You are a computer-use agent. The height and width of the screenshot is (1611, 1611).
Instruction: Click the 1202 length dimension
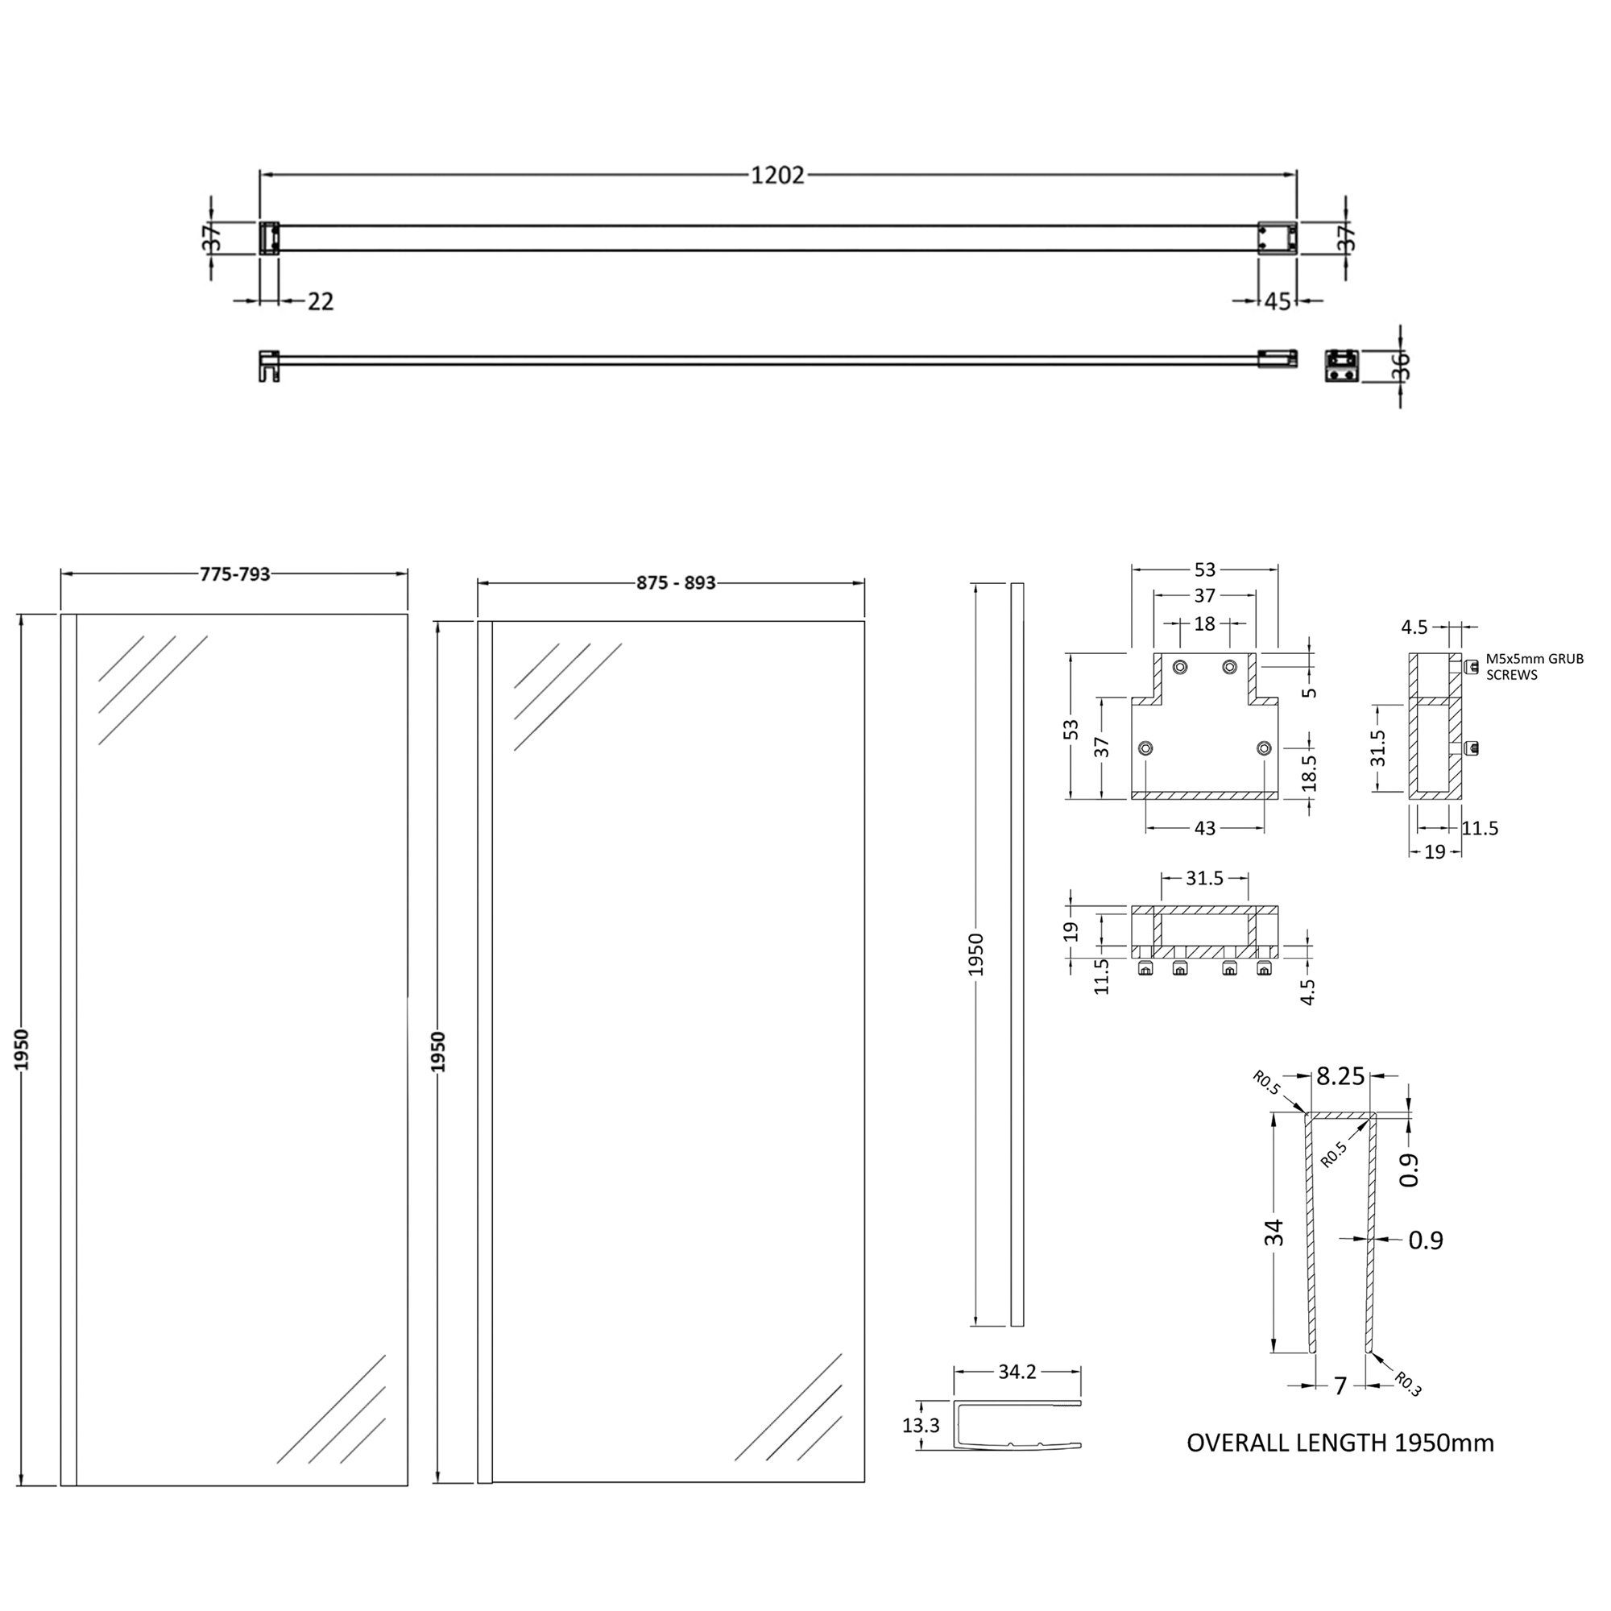click(x=777, y=175)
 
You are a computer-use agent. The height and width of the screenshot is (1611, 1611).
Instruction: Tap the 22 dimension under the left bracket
click(x=321, y=302)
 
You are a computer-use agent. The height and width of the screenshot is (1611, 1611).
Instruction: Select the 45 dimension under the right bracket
click(x=1278, y=302)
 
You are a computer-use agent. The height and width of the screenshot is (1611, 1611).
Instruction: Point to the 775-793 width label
click(x=235, y=574)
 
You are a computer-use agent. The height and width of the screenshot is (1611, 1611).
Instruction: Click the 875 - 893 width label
click(x=676, y=583)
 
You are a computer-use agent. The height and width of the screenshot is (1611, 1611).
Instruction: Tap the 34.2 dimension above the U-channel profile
click(x=1017, y=1372)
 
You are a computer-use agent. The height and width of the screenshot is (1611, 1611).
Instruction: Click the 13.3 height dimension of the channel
click(x=921, y=1425)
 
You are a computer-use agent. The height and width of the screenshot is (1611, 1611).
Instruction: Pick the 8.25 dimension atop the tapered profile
click(x=1340, y=1076)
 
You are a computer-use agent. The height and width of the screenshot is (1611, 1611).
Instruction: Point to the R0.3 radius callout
click(x=1407, y=1384)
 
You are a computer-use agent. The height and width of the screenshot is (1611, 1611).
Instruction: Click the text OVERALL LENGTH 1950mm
click(x=1340, y=1443)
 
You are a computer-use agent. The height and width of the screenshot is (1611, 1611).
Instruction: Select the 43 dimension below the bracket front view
click(x=1205, y=828)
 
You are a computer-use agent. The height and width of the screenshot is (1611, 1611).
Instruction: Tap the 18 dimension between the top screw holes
click(x=1204, y=623)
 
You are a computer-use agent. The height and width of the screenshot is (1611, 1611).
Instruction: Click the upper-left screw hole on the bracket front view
click(x=1180, y=666)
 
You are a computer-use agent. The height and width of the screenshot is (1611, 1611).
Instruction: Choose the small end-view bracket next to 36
click(x=1342, y=365)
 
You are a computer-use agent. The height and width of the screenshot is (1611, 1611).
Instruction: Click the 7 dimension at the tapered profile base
click(x=1340, y=1385)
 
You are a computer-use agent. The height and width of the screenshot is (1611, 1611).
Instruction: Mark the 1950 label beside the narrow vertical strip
click(x=976, y=955)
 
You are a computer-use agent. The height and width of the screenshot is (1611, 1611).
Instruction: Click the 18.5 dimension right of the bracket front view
click(x=1309, y=772)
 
